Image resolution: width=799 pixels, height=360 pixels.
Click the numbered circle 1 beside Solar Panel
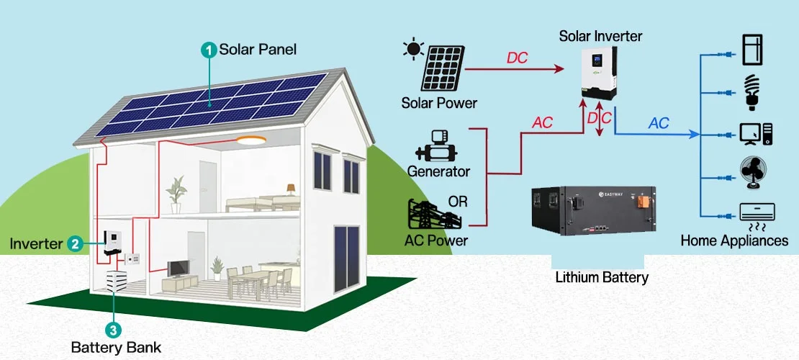pyautogui.click(x=209, y=50)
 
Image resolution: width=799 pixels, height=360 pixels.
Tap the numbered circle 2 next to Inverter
pyautogui.click(x=75, y=244)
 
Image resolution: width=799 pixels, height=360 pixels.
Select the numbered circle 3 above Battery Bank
pyautogui.click(x=113, y=330)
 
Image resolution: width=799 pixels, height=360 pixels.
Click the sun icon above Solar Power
pyautogui.click(x=413, y=50)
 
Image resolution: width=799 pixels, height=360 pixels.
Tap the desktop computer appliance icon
pyautogui.click(x=756, y=134)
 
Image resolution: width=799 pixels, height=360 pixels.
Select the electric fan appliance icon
pyautogui.click(x=754, y=174)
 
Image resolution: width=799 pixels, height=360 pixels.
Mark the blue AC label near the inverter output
pyautogui.click(x=659, y=123)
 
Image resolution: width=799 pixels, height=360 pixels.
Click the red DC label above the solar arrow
pyautogui.click(x=517, y=58)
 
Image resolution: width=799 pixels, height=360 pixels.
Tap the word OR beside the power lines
pyautogui.click(x=458, y=201)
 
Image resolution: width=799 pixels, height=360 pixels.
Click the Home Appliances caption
pyautogui.click(x=734, y=241)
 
